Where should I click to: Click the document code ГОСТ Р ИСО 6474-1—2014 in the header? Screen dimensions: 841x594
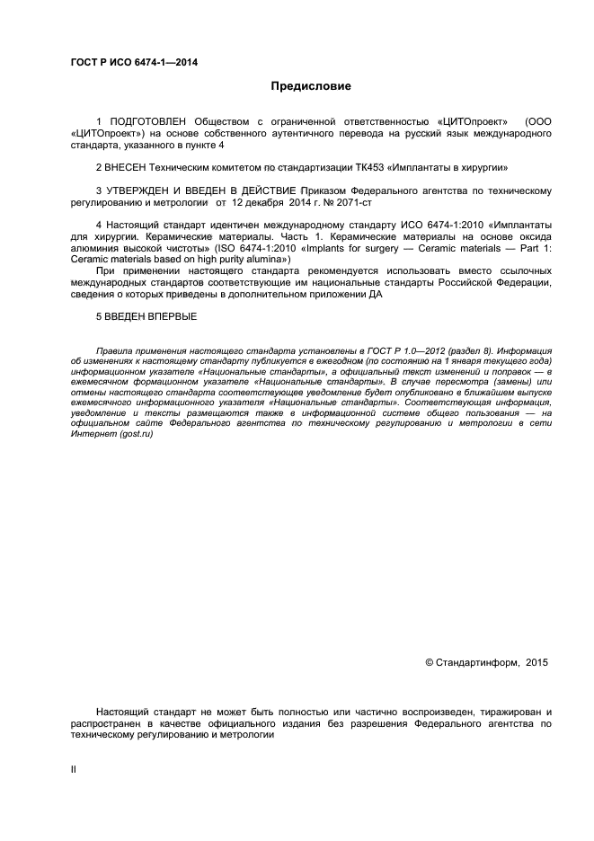click(134, 63)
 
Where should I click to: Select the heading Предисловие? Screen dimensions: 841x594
click(311, 87)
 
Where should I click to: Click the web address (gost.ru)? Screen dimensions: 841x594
click(136, 435)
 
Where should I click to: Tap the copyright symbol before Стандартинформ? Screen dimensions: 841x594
click(429, 663)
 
